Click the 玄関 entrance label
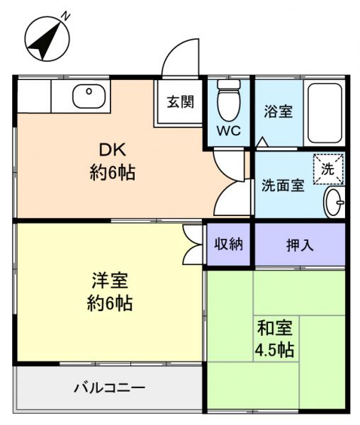180,101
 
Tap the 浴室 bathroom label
278,111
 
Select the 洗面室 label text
283,186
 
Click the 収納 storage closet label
228,244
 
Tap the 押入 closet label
300,245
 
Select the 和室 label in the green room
276,328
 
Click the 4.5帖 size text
276,350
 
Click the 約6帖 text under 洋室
109,304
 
